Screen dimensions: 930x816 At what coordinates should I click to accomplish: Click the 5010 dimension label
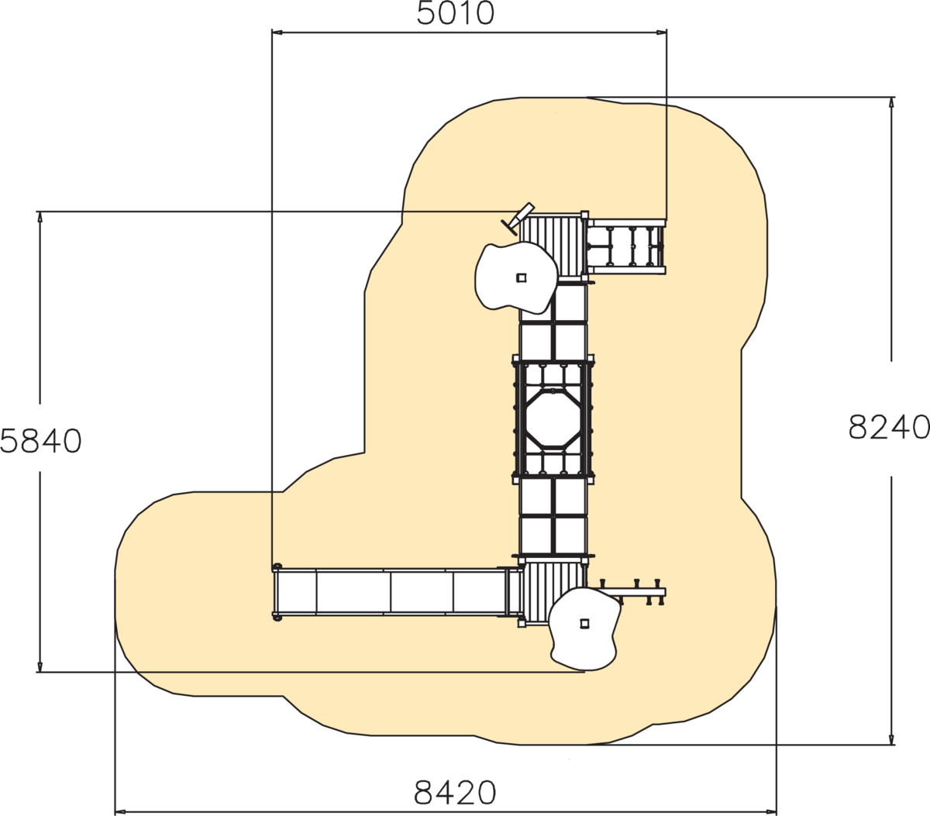click(456, 13)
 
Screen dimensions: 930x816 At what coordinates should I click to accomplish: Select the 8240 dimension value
click(889, 427)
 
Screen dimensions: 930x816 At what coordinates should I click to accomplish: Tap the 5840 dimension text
click(41, 441)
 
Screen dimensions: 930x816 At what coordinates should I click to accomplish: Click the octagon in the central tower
click(553, 418)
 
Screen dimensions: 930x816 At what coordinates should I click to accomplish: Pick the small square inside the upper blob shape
click(521, 277)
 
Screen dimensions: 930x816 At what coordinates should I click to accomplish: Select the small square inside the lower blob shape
click(584, 623)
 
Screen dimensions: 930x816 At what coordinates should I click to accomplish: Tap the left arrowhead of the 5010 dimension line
click(277, 32)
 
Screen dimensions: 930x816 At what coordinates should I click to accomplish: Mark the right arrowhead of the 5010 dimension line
click(661, 32)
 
